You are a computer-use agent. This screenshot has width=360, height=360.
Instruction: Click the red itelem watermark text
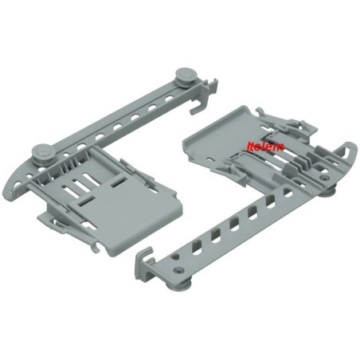[x=265, y=147]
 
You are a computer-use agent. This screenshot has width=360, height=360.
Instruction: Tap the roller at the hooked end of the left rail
[x=185, y=76]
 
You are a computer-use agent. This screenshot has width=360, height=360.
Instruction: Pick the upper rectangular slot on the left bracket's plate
[x=119, y=182]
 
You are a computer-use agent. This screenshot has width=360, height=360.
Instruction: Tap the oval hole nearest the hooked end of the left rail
[x=170, y=100]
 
